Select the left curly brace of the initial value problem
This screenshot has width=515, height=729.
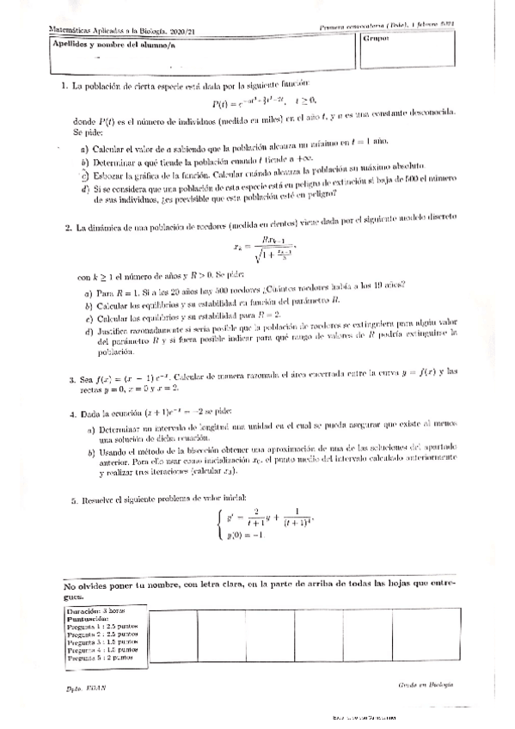[222, 524]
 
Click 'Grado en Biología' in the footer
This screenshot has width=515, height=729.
[426, 685]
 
